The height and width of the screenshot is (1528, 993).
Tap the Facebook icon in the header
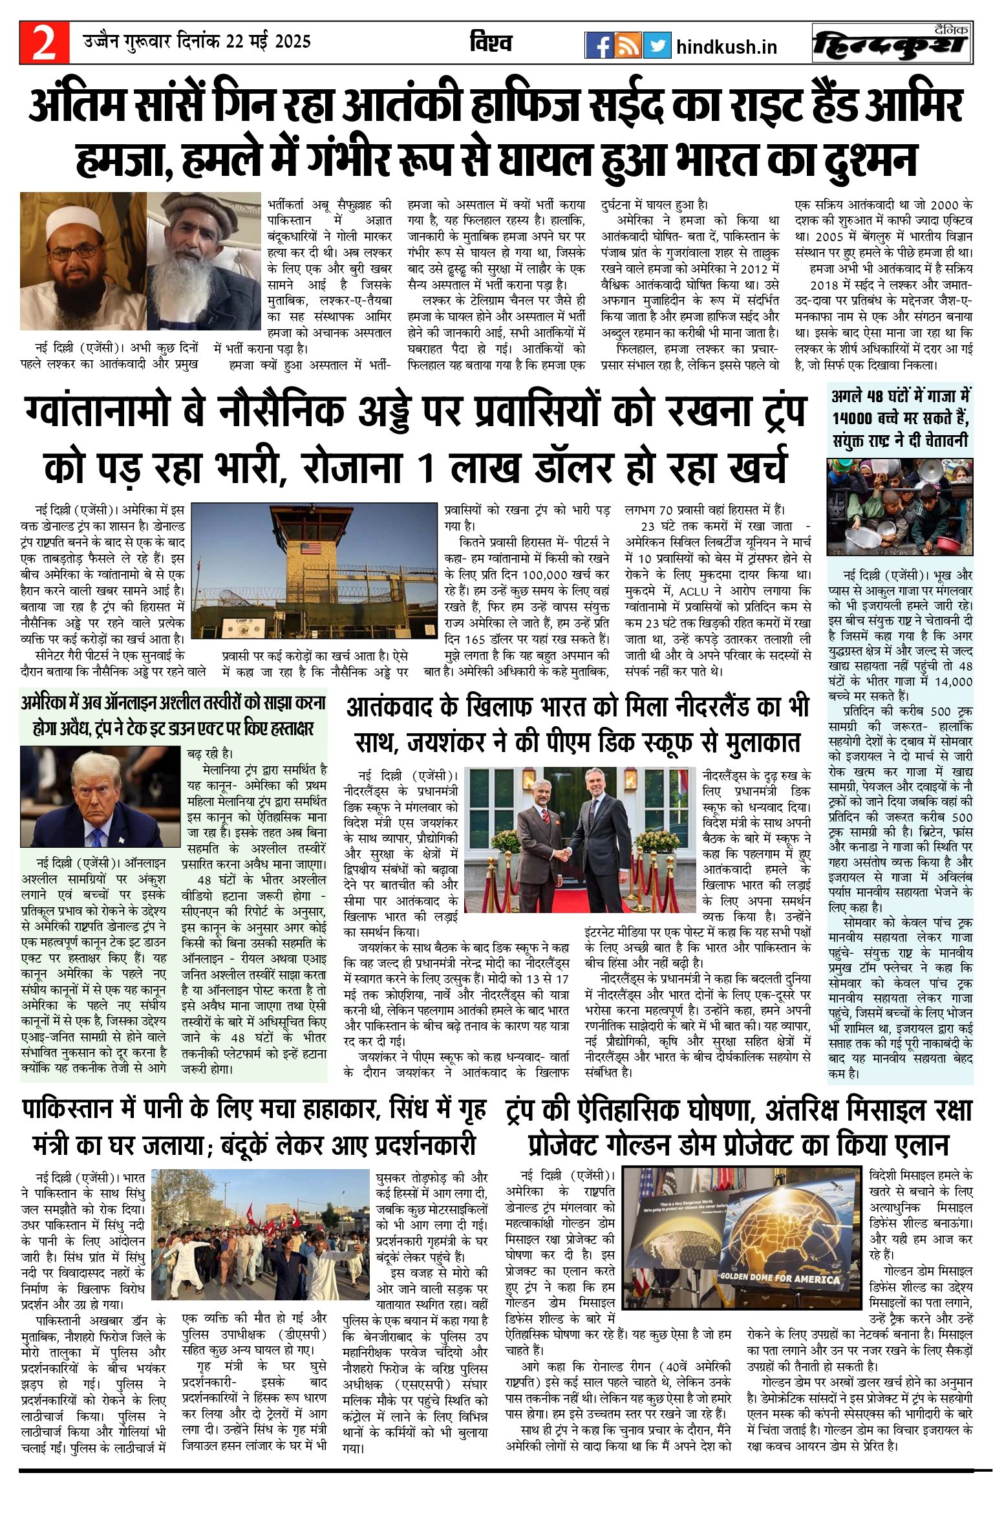click(x=599, y=45)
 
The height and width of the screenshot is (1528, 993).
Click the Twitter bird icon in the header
click(x=657, y=45)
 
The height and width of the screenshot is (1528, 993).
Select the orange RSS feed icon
click(x=628, y=45)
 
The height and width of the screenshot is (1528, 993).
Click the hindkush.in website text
click(x=727, y=47)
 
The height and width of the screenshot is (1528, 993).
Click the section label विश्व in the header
click(x=491, y=43)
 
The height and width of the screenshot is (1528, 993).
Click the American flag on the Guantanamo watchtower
click(x=311, y=548)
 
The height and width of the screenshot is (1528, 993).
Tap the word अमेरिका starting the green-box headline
click(x=49, y=702)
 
